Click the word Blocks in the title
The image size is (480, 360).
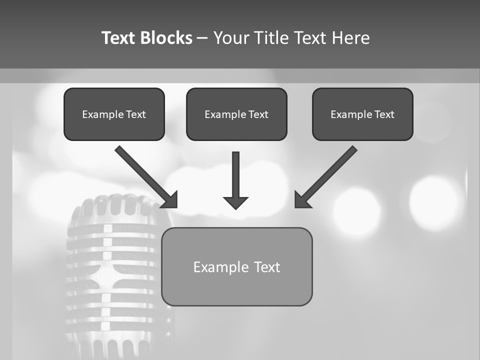[x=166, y=38]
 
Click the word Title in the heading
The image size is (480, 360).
[x=271, y=38]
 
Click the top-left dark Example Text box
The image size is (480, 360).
[x=114, y=114]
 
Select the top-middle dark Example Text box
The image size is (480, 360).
[x=236, y=114]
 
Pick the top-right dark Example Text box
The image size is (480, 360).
[x=362, y=114]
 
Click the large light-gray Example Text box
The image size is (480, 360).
[x=236, y=267]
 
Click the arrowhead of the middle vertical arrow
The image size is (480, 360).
[x=235, y=202]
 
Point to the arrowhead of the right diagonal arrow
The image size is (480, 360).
[x=301, y=200]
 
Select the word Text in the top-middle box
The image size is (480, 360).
[x=258, y=114]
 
